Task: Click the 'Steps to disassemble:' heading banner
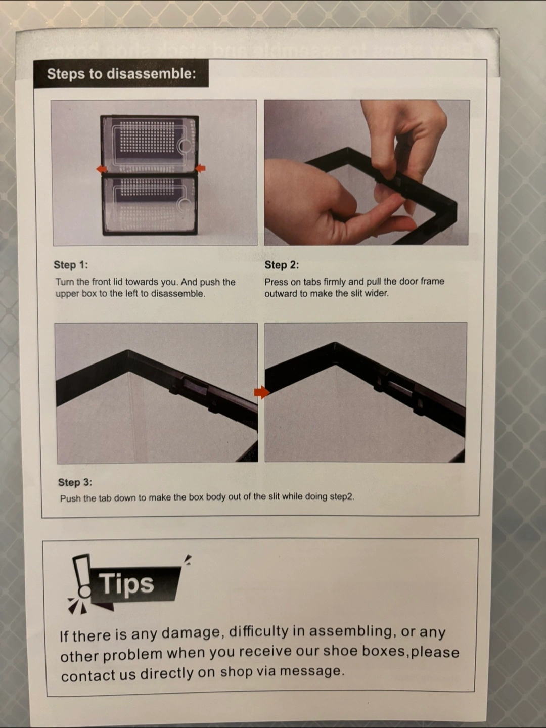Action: click(121, 73)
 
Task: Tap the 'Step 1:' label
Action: click(71, 265)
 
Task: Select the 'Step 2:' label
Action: click(282, 265)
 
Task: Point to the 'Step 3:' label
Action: click(75, 482)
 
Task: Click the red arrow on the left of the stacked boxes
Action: click(102, 169)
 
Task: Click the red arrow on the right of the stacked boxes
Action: click(200, 168)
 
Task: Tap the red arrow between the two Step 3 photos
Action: click(262, 392)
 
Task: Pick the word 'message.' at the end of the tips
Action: click(312, 671)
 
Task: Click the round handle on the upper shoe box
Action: click(185, 146)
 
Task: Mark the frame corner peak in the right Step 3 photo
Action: click(335, 344)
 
